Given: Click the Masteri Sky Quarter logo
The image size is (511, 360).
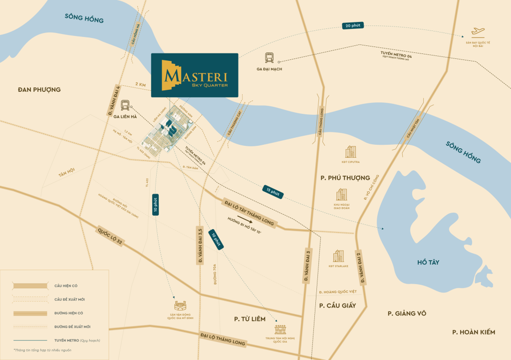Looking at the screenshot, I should (x=195, y=75).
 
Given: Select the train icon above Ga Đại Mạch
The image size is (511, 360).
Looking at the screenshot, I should (x=269, y=57).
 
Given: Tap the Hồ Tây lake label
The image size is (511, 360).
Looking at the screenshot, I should (x=431, y=262).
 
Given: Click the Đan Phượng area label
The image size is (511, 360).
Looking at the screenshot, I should (x=39, y=89).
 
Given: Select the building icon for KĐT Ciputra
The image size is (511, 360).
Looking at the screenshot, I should (x=351, y=152).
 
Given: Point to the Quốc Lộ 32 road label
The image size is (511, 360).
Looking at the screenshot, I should (x=110, y=234).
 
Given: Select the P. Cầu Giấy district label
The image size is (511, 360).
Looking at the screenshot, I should (x=337, y=305).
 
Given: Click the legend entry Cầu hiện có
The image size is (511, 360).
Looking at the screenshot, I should (x=65, y=286).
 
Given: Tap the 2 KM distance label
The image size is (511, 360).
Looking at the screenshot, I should (x=140, y=85).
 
